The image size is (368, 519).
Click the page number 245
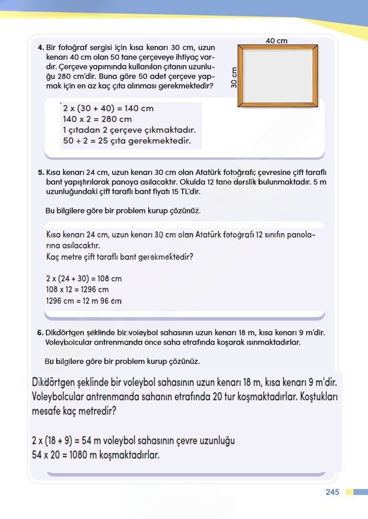(x=332, y=492)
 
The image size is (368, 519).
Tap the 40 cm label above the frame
(x=276, y=41)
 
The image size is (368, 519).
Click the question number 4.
(x=41, y=47)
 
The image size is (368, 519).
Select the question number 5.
(x=41, y=173)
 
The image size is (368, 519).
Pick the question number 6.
(x=41, y=332)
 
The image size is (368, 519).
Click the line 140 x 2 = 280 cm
(x=97, y=119)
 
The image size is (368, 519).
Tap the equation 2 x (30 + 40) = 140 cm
(x=108, y=109)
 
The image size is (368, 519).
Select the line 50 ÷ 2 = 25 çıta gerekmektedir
(x=127, y=141)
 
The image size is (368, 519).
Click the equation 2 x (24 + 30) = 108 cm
(x=84, y=279)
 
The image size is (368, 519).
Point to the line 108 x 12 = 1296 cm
(x=77, y=290)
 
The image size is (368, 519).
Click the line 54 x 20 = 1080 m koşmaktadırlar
(x=95, y=455)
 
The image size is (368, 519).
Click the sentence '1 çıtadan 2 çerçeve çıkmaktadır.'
(x=129, y=130)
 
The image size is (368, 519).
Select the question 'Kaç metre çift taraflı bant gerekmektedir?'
(x=120, y=257)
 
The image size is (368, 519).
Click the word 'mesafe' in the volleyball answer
(x=48, y=412)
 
